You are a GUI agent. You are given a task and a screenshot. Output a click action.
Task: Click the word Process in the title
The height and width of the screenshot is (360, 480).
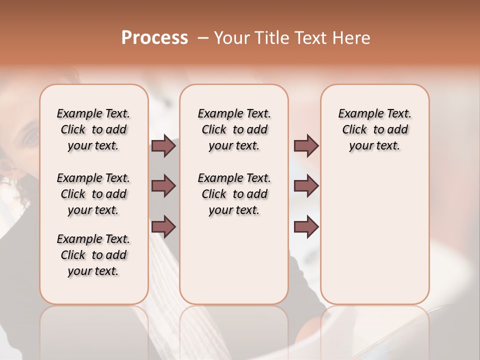(x=154, y=38)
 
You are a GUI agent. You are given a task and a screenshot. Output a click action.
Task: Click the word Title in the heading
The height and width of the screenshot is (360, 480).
(x=272, y=38)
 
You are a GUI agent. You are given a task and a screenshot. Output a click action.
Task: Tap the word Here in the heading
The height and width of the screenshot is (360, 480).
(x=352, y=38)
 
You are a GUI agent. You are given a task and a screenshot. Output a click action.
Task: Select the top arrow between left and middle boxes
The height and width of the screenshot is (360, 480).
(x=163, y=146)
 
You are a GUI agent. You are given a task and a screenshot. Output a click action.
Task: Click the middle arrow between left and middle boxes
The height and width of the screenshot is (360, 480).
(x=163, y=186)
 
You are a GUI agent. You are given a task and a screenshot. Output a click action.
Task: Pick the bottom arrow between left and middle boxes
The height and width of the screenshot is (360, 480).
(x=163, y=227)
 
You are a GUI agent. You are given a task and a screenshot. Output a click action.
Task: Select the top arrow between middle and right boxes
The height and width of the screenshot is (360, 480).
(x=306, y=146)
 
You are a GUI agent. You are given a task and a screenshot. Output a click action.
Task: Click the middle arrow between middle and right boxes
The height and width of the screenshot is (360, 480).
(x=306, y=186)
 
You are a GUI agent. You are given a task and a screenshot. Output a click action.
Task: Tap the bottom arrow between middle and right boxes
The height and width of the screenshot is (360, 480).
(x=306, y=227)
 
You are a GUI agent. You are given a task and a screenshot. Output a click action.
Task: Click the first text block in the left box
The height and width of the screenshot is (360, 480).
(x=93, y=129)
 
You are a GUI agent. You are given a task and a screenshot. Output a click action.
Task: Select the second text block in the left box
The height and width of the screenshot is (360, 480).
(x=93, y=194)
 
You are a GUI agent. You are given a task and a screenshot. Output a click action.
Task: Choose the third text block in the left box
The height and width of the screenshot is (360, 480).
(x=93, y=255)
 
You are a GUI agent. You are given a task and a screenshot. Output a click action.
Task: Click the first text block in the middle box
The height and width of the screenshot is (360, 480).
(x=234, y=129)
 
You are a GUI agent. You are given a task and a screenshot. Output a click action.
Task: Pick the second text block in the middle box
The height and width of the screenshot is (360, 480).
(x=234, y=194)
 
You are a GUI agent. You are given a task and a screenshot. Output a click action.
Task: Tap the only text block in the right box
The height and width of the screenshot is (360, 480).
(x=374, y=129)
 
